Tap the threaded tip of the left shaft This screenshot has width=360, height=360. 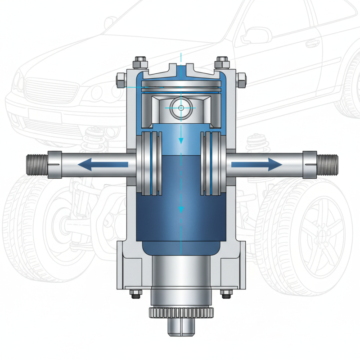pos(37,165)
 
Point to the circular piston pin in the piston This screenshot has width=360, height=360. pos(180,108)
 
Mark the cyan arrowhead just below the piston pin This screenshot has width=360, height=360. pos(181,141)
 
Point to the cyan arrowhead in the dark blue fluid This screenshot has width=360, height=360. pos(181,210)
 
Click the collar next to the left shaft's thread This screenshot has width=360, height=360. pos(54,165)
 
